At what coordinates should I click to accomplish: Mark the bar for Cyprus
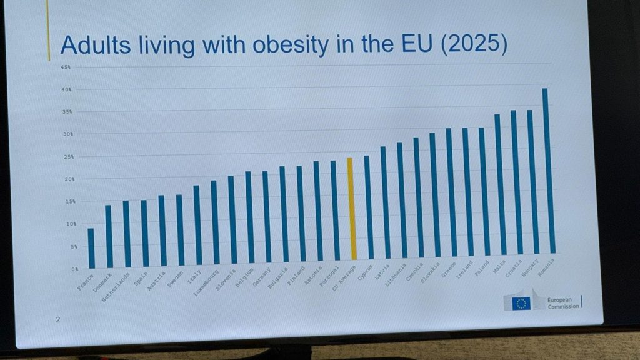pos(369,207)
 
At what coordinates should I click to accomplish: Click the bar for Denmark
pos(109,236)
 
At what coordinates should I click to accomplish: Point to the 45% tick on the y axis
pos(65,67)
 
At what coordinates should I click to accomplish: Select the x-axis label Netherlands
pos(116,287)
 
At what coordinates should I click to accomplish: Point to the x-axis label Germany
pos(260,279)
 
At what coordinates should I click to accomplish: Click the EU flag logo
pos(520,302)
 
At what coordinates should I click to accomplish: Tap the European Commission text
pos(562,302)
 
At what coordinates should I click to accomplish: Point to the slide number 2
pos(57,320)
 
